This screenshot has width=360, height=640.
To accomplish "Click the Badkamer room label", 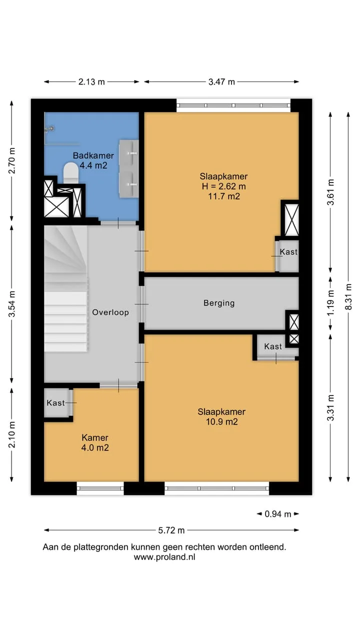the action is click(x=93, y=155).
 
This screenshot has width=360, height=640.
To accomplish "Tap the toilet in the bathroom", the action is click(x=71, y=173).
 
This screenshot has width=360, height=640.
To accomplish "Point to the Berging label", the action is click(x=219, y=303).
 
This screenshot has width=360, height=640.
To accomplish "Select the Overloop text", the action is click(x=110, y=312).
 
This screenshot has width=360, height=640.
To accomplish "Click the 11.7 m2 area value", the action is click(x=223, y=196).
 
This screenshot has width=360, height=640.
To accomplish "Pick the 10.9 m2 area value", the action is click(x=221, y=421).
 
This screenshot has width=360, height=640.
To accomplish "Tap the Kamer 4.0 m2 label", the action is click(x=95, y=442).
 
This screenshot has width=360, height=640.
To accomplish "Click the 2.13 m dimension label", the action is click(x=91, y=82).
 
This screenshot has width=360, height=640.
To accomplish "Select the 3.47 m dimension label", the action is click(x=221, y=82).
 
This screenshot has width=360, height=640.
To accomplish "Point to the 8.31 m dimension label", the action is click(x=348, y=296).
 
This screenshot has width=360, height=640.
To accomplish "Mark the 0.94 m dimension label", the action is click(x=277, y=514).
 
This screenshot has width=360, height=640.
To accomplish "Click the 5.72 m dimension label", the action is click(x=171, y=530).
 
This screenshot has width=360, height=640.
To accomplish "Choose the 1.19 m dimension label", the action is click(x=330, y=303).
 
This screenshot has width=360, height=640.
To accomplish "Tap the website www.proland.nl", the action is click(x=164, y=557).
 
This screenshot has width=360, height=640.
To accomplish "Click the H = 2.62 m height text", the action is click(x=223, y=186).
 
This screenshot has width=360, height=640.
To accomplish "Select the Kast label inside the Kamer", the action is click(x=55, y=403).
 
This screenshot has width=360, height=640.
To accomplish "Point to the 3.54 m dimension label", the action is click(x=11, y=304).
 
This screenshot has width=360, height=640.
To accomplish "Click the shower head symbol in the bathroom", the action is click(x=49, y=129).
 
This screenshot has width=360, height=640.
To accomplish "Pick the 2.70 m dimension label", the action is click(x=11, y=160).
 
